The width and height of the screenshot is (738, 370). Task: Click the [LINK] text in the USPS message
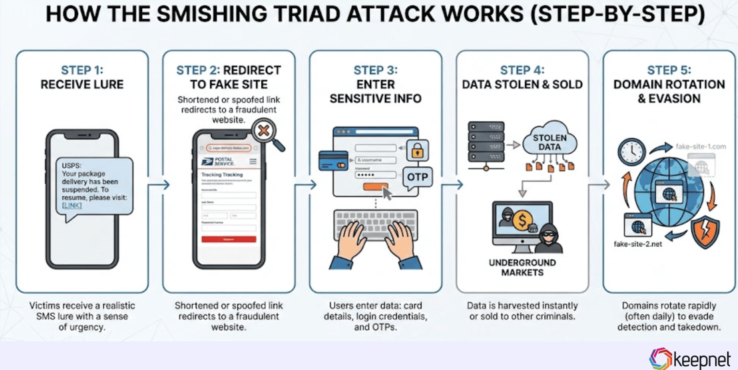click(x=72, y=205)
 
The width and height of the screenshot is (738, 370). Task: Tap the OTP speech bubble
click(x=417, y=177)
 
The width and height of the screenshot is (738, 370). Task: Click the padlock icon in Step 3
click(x=417, y=151)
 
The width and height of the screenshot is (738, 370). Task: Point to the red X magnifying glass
click(x=264, y=131)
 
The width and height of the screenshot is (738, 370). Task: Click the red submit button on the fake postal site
click(x=228, y=239)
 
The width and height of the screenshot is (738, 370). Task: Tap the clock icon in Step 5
click(x=631, y=152)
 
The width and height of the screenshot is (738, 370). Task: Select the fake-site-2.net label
click(x=638, y=244)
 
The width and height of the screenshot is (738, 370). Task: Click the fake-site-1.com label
click(x=700, y=146)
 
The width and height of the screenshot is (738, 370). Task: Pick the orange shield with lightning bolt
click(x=705, y=231)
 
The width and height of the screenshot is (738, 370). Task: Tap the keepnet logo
click(x=689, y=359)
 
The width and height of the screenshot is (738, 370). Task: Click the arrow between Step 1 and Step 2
click(x=159, y=185)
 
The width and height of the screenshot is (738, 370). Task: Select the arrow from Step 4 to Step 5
click(x=600, y=185)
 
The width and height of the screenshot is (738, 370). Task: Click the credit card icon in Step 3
click(x=333, y=161)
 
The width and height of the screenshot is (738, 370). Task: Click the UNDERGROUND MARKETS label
click(x=522, y=267)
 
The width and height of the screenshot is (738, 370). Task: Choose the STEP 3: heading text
click(x=375, y=70)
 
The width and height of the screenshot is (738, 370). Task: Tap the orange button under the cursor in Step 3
click(x=374, y=187)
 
